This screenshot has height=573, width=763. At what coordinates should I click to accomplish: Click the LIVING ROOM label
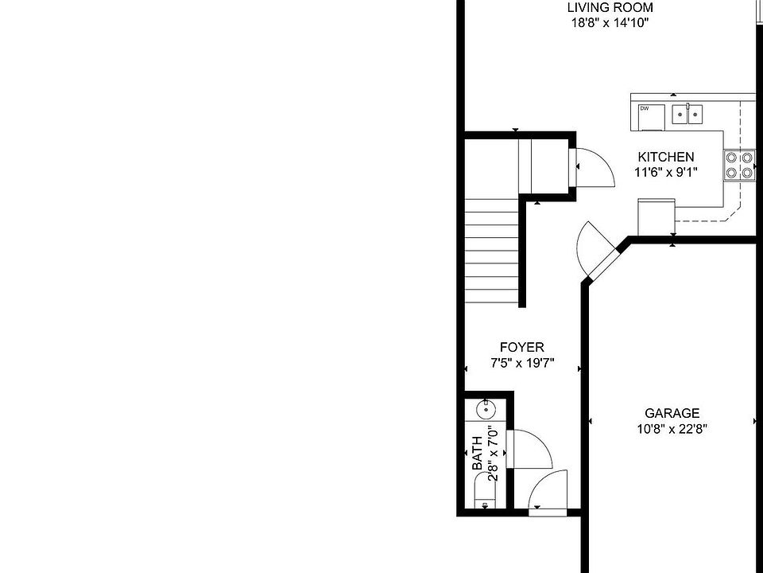(610, 8)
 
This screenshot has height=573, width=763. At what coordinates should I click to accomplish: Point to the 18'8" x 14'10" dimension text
(610, 23)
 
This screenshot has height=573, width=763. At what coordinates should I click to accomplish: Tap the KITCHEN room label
(665, 158)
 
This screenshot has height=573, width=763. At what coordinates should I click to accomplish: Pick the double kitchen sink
(688, 115)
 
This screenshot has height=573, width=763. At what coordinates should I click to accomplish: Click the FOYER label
(521, 348)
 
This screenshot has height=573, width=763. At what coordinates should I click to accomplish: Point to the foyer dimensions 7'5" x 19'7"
(521, 363)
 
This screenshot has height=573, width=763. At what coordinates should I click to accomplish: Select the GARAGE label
(672, 413)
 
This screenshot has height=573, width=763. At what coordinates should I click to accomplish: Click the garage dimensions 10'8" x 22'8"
(672, 428)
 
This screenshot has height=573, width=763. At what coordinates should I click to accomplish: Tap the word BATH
(477, 454)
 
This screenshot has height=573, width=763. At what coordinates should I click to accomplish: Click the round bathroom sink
(485, 410)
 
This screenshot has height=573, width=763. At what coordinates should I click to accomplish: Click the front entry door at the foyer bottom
(548, 492)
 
